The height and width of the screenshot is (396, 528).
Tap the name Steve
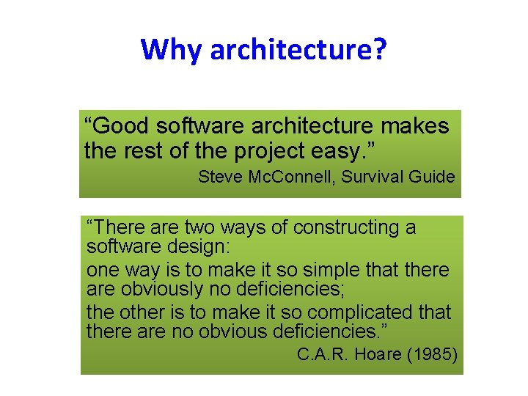[x=219, y=177]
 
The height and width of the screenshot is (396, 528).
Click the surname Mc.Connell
[x=286, y=177]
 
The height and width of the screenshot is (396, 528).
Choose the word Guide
[x=432, y=177]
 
